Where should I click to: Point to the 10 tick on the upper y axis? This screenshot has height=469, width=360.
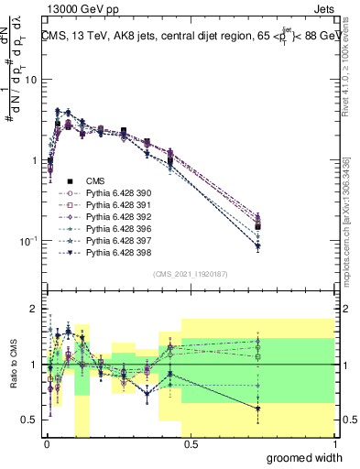pyautogui.click(x=30, y=80)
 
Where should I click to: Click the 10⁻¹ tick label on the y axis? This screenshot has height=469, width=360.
pyautogui.click(x=27, y=241)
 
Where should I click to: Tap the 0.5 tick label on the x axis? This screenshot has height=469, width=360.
pyautogui.click(x=190, y=444)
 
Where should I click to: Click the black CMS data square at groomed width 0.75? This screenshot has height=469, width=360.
pyautogui.click(x=258, y=226)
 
